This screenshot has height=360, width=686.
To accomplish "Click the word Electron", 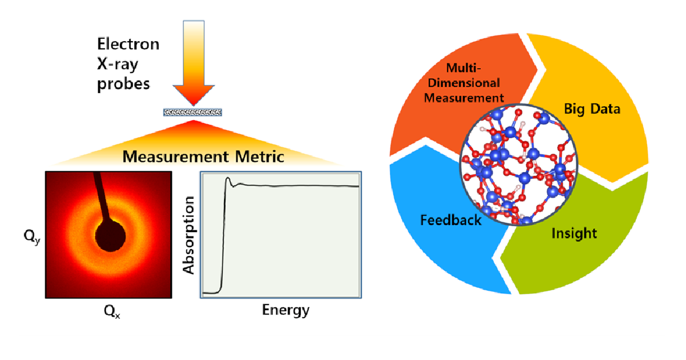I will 127,44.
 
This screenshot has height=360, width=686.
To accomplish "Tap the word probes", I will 123,83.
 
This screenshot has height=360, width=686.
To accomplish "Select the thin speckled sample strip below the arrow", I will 193,112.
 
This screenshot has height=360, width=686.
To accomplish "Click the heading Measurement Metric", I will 204,157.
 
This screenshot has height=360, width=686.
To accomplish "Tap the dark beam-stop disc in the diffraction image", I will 110,235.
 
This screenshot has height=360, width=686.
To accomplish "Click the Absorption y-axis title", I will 189,234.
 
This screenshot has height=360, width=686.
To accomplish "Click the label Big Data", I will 592,109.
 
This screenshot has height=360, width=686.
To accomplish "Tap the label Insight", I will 574,233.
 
